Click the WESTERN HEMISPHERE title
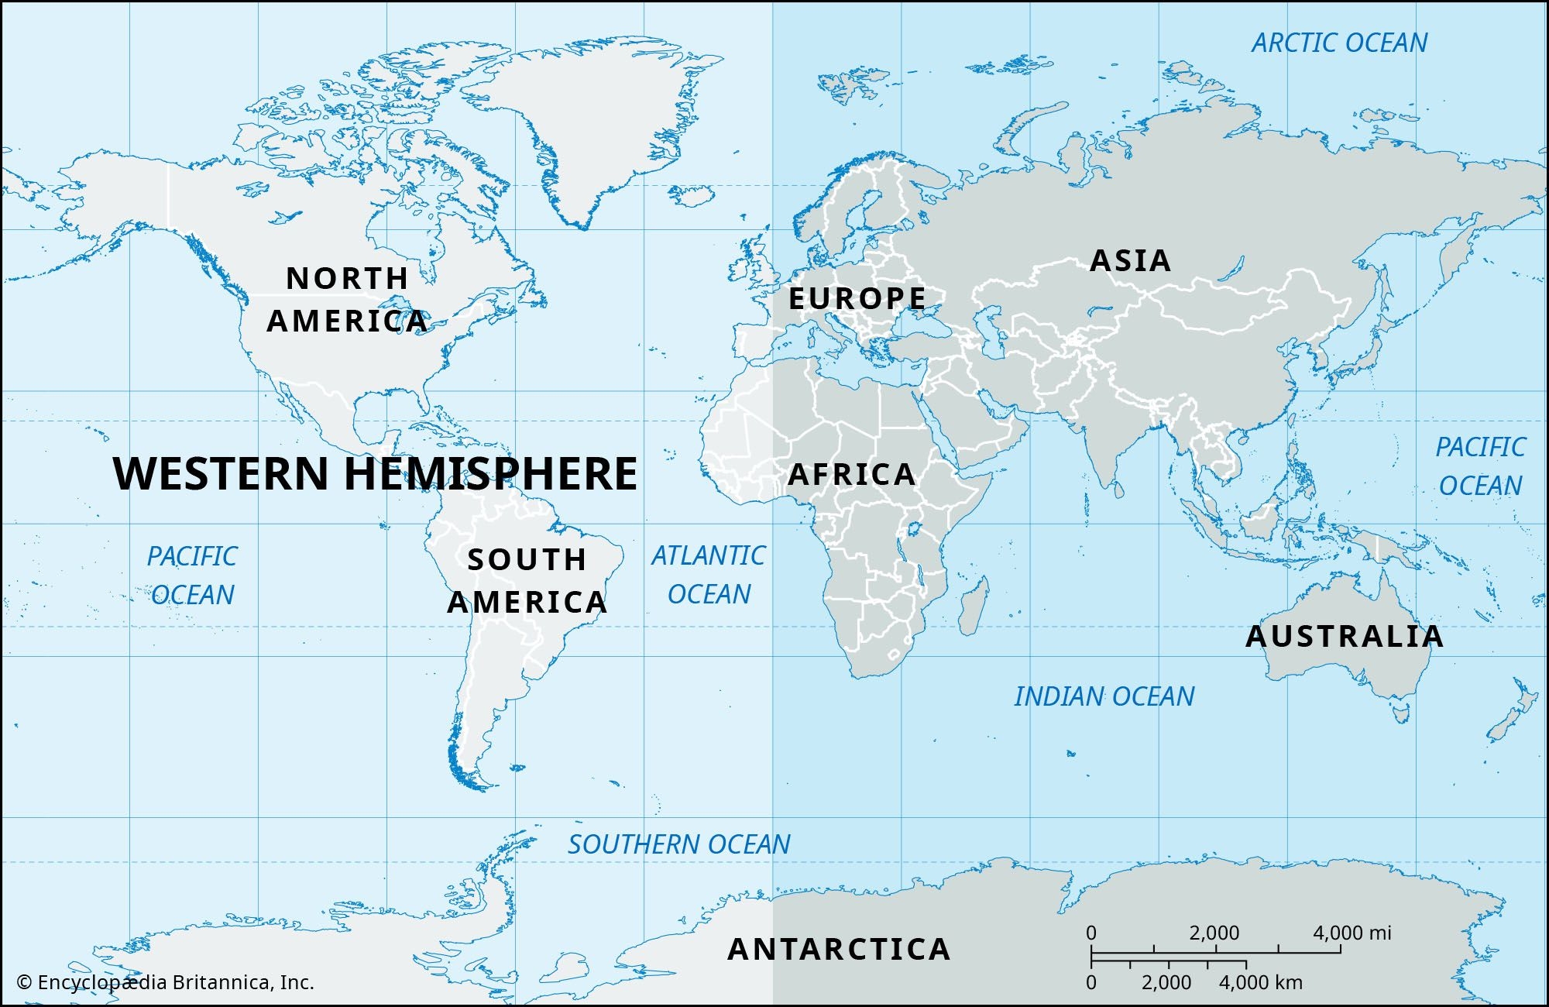pyautogui.click(x=375, y=473)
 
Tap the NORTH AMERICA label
pyautogui.click(x=348, y=300)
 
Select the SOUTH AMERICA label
pyautogui.click(x=527, y=581)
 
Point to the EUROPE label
pyautogui.click(x=857, y=298)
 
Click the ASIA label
pyautogui.click(x=1130, y=260)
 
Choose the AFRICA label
pyautogui.click(x=852, y=474)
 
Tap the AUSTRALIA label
pyautogui.click(x=1345, y=637)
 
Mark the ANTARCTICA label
pyautogui.click(x=839, y=949)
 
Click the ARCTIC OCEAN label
pyautogui.click(x=1339, y=43)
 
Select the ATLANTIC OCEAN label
pyautogui.click(x=709, y=575)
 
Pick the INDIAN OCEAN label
pyautogui.click(x=1104, y=696)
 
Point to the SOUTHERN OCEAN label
pyautogui.click(x=679, y=844)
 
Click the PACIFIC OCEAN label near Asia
pyautogui.click(x=1480, y=466)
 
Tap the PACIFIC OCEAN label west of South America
pyautogui.click(x=192, y=576)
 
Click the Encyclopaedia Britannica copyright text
pyautogui.click(x=166, y=982)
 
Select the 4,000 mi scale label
pyautogui.click(x=1352, y=933)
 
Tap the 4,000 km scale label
pyautogui.click(x=1261, y=982)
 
